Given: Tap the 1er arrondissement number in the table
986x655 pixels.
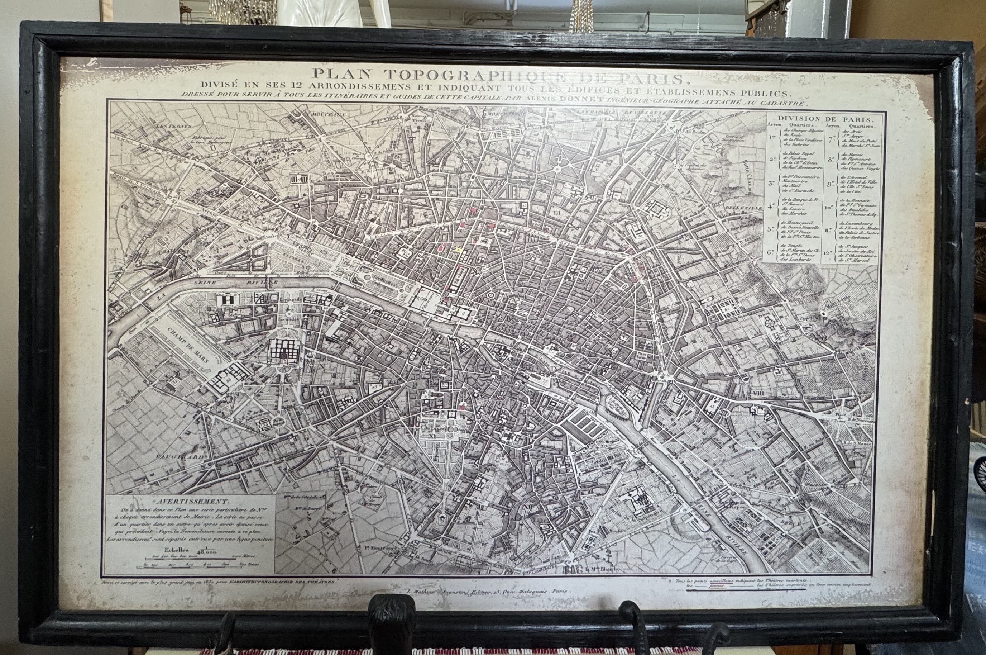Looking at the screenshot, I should (x=773, y=137).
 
